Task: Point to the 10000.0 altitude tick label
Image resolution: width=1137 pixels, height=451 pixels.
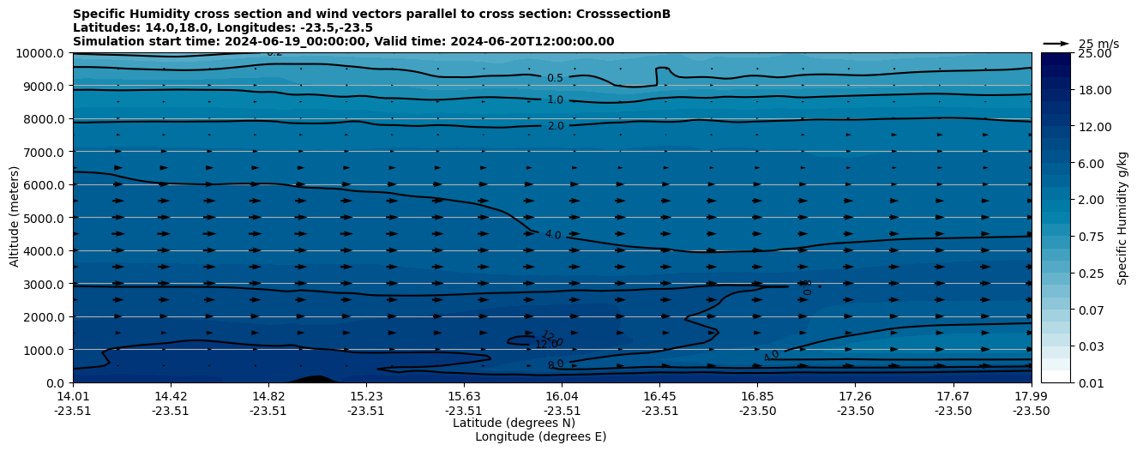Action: (x=40, y=53)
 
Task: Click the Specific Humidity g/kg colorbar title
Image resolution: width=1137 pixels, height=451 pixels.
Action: (x=1122, y=218)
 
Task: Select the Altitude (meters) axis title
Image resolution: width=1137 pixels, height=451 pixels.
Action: (x=15, y=218)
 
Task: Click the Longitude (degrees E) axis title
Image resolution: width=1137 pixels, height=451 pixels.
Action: (x=540, y=436)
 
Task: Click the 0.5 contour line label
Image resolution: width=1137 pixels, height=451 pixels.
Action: (x=555, y=78)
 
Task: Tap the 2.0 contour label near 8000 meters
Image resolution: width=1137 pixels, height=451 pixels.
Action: (x=555, y=126)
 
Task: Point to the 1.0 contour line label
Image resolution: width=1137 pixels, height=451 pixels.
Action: (x=555, y=100)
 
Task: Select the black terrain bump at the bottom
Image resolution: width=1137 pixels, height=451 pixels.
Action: (x=315, y=379)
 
